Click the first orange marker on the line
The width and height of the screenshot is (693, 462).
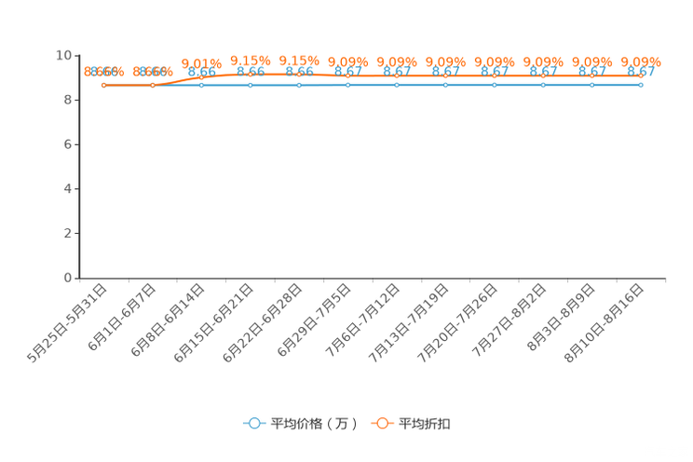104,85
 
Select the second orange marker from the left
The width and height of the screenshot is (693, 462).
153,85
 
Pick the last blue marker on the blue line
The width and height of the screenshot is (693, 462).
641,85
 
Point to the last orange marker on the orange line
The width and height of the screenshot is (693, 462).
641,75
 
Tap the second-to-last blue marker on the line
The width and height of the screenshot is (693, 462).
591,85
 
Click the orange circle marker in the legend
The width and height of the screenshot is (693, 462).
382,423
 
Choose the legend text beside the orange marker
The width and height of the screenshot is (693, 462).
426,424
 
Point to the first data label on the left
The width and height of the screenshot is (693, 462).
103,71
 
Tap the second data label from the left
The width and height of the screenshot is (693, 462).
152,71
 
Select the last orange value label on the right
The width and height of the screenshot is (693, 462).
641,61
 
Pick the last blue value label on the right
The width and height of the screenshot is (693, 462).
641,71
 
